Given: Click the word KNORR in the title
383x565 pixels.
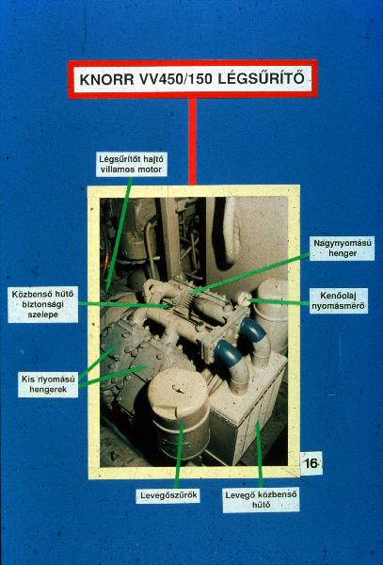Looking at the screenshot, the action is [x=106, y=79].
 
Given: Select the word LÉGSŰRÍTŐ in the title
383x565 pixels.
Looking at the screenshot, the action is [x=261, y=78].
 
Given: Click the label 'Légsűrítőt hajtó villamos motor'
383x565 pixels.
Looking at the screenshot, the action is [x=132, y=164].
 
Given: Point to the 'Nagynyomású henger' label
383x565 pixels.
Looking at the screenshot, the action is [x=342, y=249].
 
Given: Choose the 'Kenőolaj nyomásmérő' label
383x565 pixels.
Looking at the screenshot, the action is [x=339, y=301].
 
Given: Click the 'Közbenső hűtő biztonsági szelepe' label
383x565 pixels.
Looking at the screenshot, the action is [x=43, y=304].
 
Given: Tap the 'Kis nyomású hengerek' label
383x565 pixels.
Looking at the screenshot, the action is [x=48, y=384].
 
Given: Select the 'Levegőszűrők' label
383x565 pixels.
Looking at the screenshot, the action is [x=168, y=495].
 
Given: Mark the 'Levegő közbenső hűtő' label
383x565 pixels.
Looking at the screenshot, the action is [x=261, y=500].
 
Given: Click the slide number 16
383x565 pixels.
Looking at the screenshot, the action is [x=311, y=463].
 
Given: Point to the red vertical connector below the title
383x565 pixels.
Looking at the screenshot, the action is [x=193, y=141].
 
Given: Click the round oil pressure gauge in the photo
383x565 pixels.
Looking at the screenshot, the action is [x=244, y=299].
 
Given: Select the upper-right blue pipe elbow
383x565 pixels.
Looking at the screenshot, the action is [x=253, y=330].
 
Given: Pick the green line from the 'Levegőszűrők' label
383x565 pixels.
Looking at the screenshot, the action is [x=179, y=456].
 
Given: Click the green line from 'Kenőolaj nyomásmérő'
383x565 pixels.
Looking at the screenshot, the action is [x=279, y=301].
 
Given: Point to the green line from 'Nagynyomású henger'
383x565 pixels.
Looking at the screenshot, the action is [x=250, y=274].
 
